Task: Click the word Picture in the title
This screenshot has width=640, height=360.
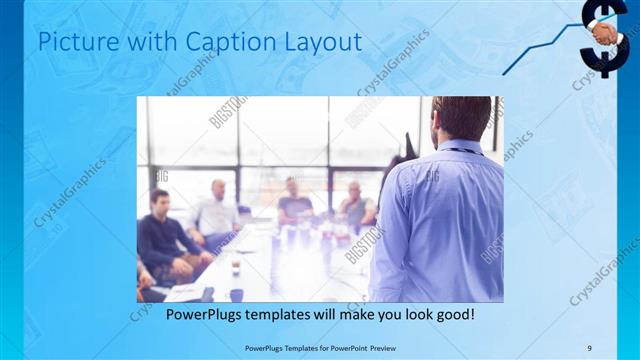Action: pos(83,42)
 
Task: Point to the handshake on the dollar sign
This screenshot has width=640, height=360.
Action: pos(606,35)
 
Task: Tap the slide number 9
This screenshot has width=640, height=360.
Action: pos(602,348)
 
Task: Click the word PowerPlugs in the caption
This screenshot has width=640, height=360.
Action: pos(197,314)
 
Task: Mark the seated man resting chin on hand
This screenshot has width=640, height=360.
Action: pos(355,205)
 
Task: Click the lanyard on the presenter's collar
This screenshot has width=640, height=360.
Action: pos(462,151)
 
